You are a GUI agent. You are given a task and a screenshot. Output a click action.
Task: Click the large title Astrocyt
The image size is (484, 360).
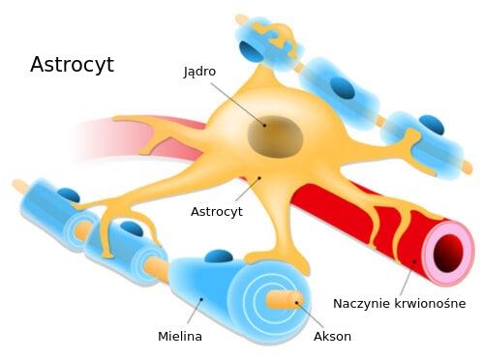click(72, 65)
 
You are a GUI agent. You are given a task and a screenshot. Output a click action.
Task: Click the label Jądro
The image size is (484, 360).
click(199, 71)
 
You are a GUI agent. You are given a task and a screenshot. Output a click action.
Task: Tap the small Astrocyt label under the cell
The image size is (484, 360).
click(216, 210)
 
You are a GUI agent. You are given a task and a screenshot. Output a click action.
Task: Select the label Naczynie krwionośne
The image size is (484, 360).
click(399, 303)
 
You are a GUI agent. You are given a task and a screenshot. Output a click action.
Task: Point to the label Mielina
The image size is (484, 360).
click(180, 336)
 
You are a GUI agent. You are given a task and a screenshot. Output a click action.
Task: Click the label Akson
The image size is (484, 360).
click(332, 336)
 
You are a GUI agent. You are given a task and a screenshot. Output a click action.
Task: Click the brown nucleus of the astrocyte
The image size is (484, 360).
click(273, 135)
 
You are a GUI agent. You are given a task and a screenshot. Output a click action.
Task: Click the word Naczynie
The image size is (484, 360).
click(361, 303)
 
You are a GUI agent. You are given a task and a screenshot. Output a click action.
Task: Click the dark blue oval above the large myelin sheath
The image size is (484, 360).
click(220, 256)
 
